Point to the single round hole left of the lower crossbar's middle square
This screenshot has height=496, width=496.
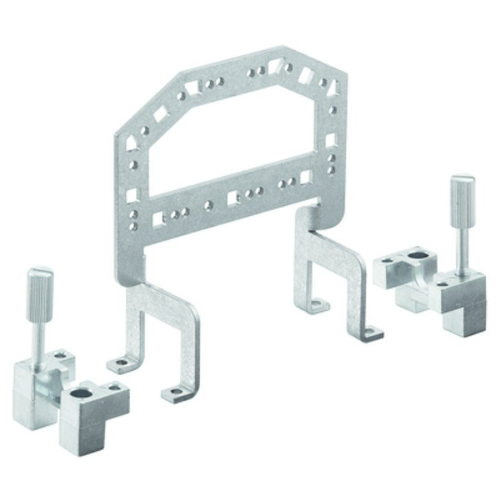tap(208, 203)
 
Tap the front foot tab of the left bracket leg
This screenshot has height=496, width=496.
tap(173, 392)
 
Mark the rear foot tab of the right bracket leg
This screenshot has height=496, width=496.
tap(317, 304)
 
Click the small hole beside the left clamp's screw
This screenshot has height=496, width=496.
tap(60, 355)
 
